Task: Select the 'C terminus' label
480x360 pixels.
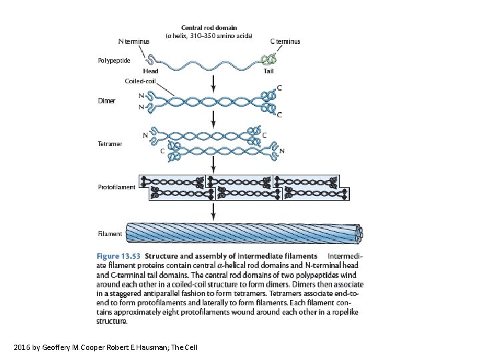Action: click(285, 41)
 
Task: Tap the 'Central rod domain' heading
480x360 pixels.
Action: click(209, 28)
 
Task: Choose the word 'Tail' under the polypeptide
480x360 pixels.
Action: click(269, 71)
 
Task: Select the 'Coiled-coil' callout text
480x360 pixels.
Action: click(140, 81)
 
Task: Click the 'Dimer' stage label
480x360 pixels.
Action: click(107, 101)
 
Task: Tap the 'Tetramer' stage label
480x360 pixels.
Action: click(110, 144)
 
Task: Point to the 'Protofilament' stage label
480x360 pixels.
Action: click(116, 187)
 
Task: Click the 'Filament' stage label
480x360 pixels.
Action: click(110, 234)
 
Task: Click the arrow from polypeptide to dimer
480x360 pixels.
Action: click(213, 82)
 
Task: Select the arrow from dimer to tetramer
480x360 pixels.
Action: click(213, 118)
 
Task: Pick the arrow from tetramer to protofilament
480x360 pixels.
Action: click(213, 164)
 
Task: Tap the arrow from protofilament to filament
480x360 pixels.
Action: click(213, 211)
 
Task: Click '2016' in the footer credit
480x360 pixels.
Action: click(21, 347)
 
